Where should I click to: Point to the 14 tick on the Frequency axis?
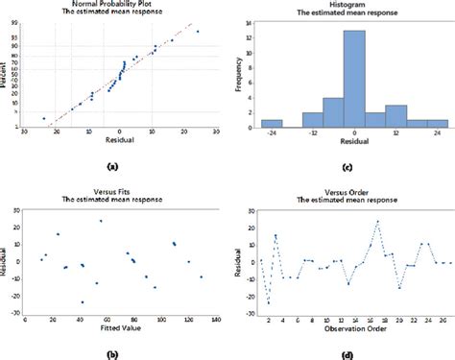[x=249, y=23]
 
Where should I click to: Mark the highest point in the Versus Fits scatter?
[x=100, y=221]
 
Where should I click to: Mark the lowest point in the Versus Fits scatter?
[x=83, y=301]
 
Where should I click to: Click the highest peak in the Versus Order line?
[x=377, y=222]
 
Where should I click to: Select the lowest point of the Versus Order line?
[x=268, y=302]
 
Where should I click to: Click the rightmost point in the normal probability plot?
[x=198, y=32]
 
